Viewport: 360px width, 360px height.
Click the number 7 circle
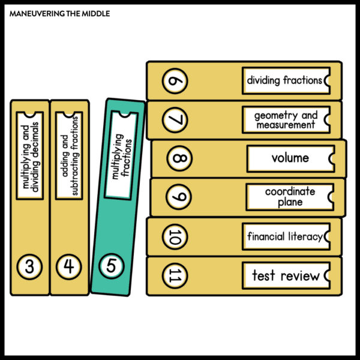175,120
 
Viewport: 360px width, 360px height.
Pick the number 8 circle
180,159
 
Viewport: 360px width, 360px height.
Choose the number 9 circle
179,197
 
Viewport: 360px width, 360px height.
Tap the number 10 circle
175,236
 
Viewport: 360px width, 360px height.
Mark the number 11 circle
175,276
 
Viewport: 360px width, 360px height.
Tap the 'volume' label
290,158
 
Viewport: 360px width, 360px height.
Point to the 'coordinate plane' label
290,197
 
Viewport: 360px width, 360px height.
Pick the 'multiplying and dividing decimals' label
30,155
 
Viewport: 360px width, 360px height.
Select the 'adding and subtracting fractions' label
70,155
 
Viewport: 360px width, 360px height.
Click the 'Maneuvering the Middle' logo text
59,13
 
